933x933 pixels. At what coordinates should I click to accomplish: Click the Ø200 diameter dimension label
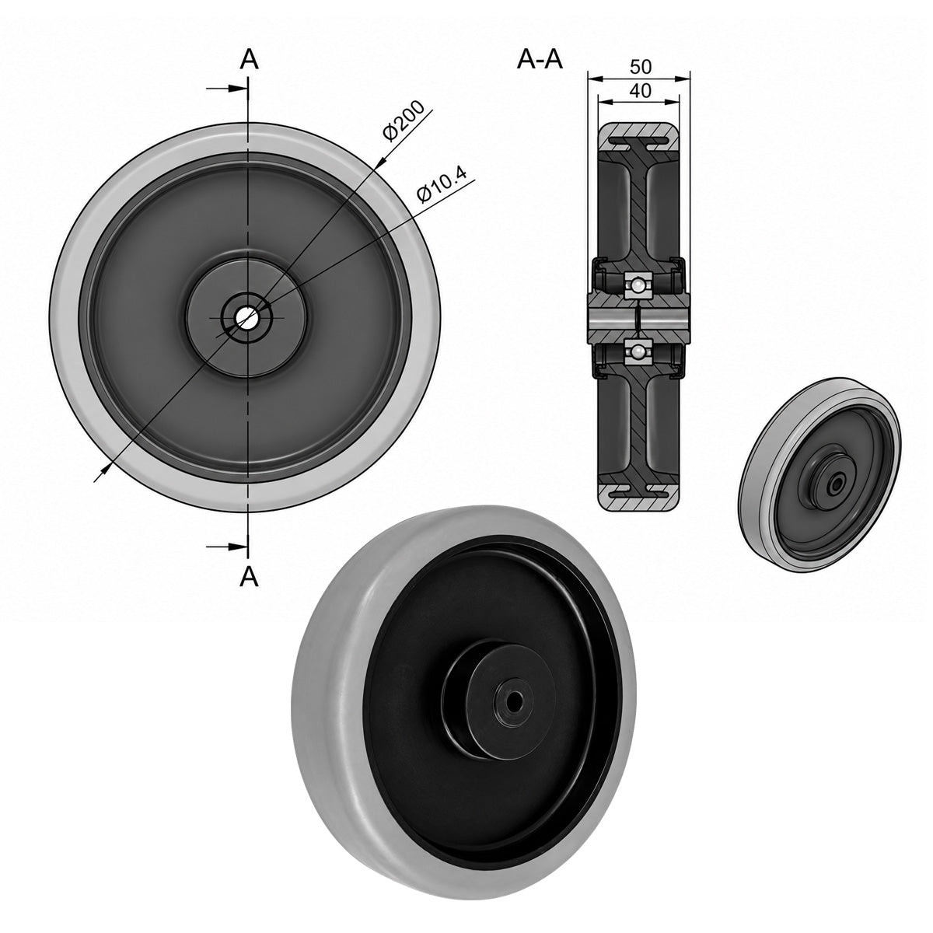pos(403,121)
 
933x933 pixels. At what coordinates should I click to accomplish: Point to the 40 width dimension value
pos(640,91)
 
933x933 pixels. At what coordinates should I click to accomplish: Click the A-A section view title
pos(540,61)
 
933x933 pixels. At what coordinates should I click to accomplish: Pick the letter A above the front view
pos(249,61)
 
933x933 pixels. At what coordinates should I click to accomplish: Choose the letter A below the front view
pos(249,576)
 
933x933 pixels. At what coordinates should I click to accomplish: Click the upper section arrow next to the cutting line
pos(226,88)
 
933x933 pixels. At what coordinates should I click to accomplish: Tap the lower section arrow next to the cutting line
pos(226,546)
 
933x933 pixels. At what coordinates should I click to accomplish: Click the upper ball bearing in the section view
pos(638,285)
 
